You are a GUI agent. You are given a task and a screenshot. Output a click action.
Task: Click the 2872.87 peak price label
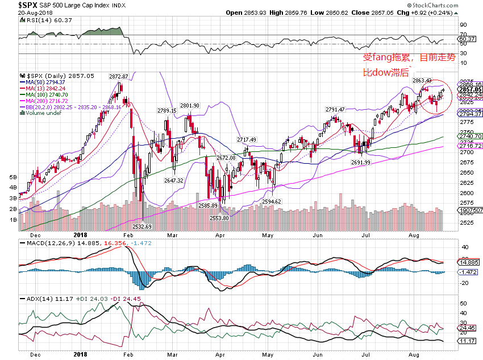coord(120,76)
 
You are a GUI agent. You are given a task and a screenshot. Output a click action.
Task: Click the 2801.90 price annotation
coord(189,105)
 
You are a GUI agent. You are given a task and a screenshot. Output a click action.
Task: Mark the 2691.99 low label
coord(361,162)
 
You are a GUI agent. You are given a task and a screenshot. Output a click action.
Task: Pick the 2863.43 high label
coord(422,80)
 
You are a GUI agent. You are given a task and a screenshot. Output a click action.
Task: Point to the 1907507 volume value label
coord(470,210)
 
